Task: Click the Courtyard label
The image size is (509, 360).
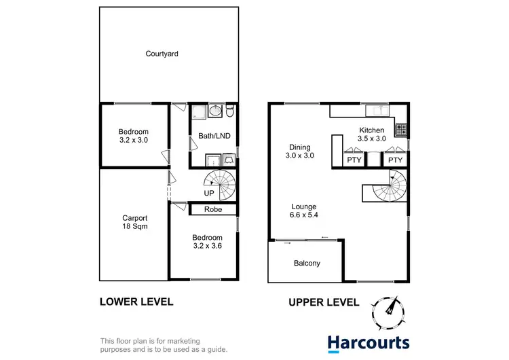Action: point(162,54)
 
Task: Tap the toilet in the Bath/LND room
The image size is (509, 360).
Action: point(230,111)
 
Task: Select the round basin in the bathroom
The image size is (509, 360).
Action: point(214,111)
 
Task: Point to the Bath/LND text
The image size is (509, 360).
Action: point(214,136)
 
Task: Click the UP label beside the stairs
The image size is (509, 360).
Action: point(209,193)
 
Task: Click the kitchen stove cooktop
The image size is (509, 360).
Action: point(400,127)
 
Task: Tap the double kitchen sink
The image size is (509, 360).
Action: point(375,111)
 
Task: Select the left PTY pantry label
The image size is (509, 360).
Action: point(354,160)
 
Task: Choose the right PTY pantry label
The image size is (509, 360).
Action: point(395,160)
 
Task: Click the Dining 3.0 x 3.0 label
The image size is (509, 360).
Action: point(299,151)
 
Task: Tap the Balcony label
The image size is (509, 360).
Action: point(307,263)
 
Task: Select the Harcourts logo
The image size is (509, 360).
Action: point(368,342)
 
